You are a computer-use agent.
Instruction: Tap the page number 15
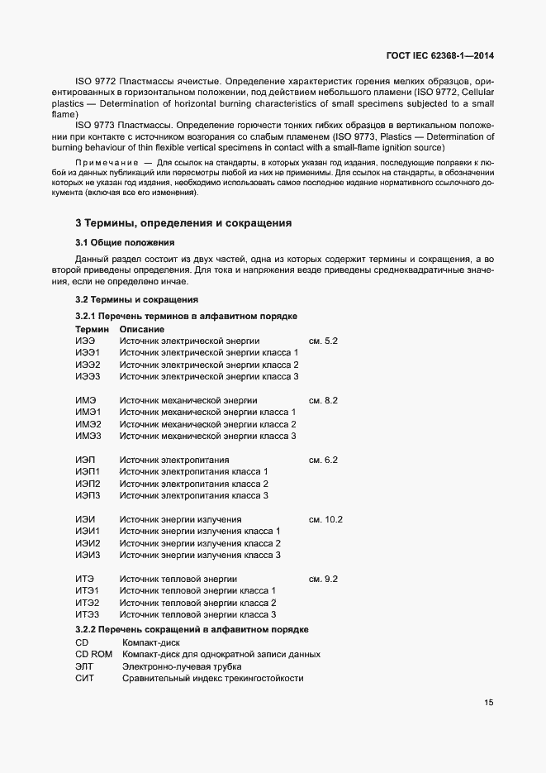pyautogui.click(x=489, y=703)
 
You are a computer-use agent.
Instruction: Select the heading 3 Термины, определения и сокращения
pyautogui.click(x=183, y=223)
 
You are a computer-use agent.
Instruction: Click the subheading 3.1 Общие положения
pyautogui.click(x=125, y=242)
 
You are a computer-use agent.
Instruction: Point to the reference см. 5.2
pyautogui.click(x=323, y=341)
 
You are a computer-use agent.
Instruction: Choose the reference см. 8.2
pyautogui.click(x=323, y=400)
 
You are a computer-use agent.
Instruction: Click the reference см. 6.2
pyautogui.click(x=323, y=460)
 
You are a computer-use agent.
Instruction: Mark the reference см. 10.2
pyautogui.click(x=325, y=519)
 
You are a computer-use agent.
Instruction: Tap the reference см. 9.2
pyautogui.click(x=323, y=580)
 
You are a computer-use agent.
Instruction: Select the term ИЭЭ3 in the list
pyautogui.click(x=88, y=376)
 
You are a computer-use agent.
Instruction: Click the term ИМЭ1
pyautogui.click(x=88, y=412)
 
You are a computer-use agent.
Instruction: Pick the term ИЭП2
pyautogui.click(x=88, y=484)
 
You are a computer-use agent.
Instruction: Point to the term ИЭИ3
pyautogui.click(x=88, y=555)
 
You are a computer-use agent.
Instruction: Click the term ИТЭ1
pyautogui.click(x=87, y=591)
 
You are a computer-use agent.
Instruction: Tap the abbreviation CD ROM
pyautogui.click(x=93, y=654)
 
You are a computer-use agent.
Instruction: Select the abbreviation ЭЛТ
pyautogui.click(x=84, y=666)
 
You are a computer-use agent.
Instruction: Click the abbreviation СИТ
pyautogui.click(x=84, y=678)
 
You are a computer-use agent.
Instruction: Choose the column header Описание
pyautogui.click(x=141, y=329)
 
